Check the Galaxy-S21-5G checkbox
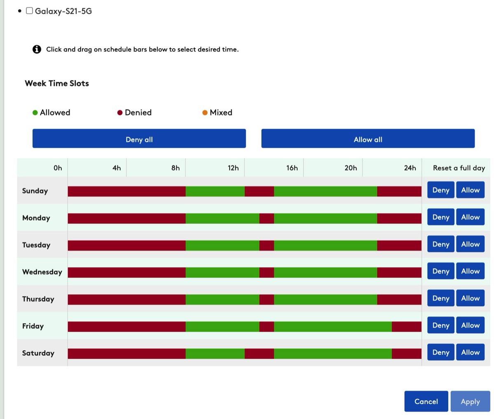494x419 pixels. pyautogui.click(x=29, y=11)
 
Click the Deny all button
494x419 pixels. pyautogui.click(x=139, y=139)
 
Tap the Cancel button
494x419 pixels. pyautogui.click(x=426, y=401)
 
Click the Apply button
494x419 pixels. pyautogui.click(x=470, y=401)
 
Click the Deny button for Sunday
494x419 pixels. pyautogui.click(x=441, y=190)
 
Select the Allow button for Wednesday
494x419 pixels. pyautogui.click(x=471, y=271)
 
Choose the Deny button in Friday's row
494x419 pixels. pyautogui.click(x=441, y=325)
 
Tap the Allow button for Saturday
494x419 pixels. pyautogui.click(x=471, y=352)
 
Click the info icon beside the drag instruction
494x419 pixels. pyautogui.click(x=37, y=49)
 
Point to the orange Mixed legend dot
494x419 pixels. pyautogui.click(x=205, y=113)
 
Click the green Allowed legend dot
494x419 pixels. pyautogui.click(x=35, y=113)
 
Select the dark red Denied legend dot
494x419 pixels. pyautogui.click(x=120, y=113)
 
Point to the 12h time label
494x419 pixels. pyautogui.click(x=233, y=168)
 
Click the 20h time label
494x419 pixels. pyautogui.click(x=351, y=168)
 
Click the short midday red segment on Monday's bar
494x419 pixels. pyautogui.click(x=267, y=219)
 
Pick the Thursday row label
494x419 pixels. pyautogui.click(x=38, y=299)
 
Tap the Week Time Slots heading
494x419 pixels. pyautogui.click(x=57, y=83)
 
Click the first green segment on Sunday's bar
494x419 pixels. pyautogui.click(x=215, y=191)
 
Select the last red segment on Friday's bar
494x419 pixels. pyautogui.click(x=407, y=326)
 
